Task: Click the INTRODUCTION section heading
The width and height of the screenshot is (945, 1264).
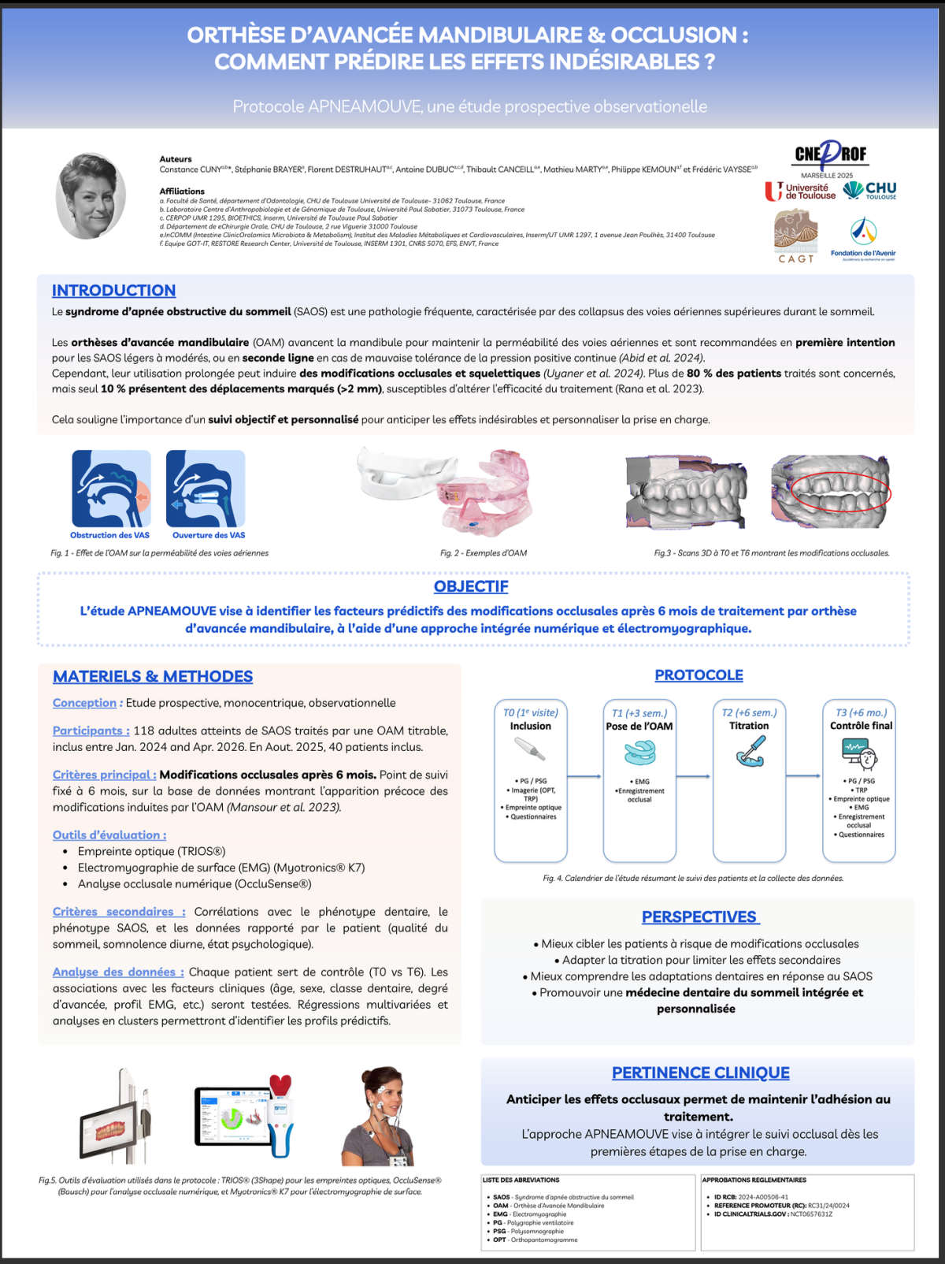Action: pos(113,291)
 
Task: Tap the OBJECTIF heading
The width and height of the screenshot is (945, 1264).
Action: pos(471,586)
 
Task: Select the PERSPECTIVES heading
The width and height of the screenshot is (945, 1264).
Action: pos(699,917)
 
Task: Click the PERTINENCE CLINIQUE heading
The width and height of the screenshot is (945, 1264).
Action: pos(700,1073)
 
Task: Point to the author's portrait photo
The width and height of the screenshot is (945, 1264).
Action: pos(91,195)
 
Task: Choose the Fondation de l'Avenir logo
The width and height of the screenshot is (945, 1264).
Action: pos(863,239)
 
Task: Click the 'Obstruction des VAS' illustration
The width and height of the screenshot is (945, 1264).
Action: pos(111,489)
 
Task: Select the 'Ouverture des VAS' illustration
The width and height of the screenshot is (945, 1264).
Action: pos(206,489)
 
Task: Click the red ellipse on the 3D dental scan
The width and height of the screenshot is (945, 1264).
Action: pos(840,493)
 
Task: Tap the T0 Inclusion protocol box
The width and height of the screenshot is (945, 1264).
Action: pos(531,781)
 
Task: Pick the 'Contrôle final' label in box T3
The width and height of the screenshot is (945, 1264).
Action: pos(861,726)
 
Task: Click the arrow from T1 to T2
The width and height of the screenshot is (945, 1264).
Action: pos(693,777)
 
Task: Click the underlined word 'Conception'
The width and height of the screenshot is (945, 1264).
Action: pos(84,703)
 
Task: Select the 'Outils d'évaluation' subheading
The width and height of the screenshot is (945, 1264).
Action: pos(109,835)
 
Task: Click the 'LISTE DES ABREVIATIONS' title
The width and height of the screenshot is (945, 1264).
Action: pos(521,1180)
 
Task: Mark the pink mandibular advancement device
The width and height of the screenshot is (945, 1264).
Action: pos(482,493)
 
